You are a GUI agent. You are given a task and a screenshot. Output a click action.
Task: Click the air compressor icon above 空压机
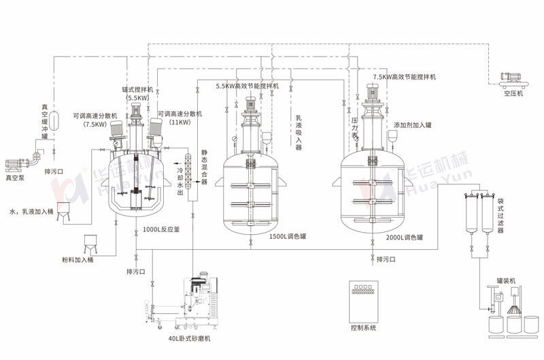pyautogui.click(x=513, y=79)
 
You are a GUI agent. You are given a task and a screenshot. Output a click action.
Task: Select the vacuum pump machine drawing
pyautogui.click(x=20, y=163)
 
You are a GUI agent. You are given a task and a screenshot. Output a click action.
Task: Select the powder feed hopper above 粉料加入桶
pyautogui.click(x=90, y=242)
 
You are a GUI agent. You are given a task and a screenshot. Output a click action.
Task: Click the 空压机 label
pyautogui.click(x=513, y=95)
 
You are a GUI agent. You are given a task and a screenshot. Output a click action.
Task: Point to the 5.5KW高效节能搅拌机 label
pyautogui.click(x=247, y=86)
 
